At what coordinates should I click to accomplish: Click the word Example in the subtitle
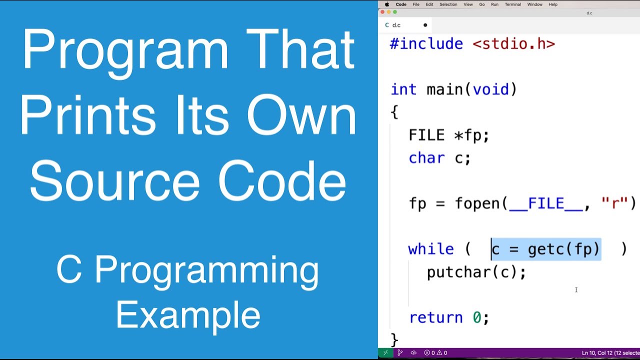188,315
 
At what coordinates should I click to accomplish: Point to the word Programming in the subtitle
206,271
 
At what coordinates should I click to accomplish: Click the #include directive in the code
426,44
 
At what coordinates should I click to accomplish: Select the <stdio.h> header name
513,44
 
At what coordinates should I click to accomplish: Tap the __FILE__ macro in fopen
546,203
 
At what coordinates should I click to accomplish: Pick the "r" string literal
614,203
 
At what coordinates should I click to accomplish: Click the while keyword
431,249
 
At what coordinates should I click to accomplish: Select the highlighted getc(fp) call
563,249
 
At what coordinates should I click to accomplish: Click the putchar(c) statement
476,272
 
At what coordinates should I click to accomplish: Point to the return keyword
436,317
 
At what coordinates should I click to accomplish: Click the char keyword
426,158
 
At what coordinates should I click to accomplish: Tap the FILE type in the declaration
426,135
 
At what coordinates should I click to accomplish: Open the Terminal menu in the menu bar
512,4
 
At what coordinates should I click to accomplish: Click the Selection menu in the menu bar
448,4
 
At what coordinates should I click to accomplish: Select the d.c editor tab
396,25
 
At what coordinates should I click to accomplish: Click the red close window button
383,12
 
